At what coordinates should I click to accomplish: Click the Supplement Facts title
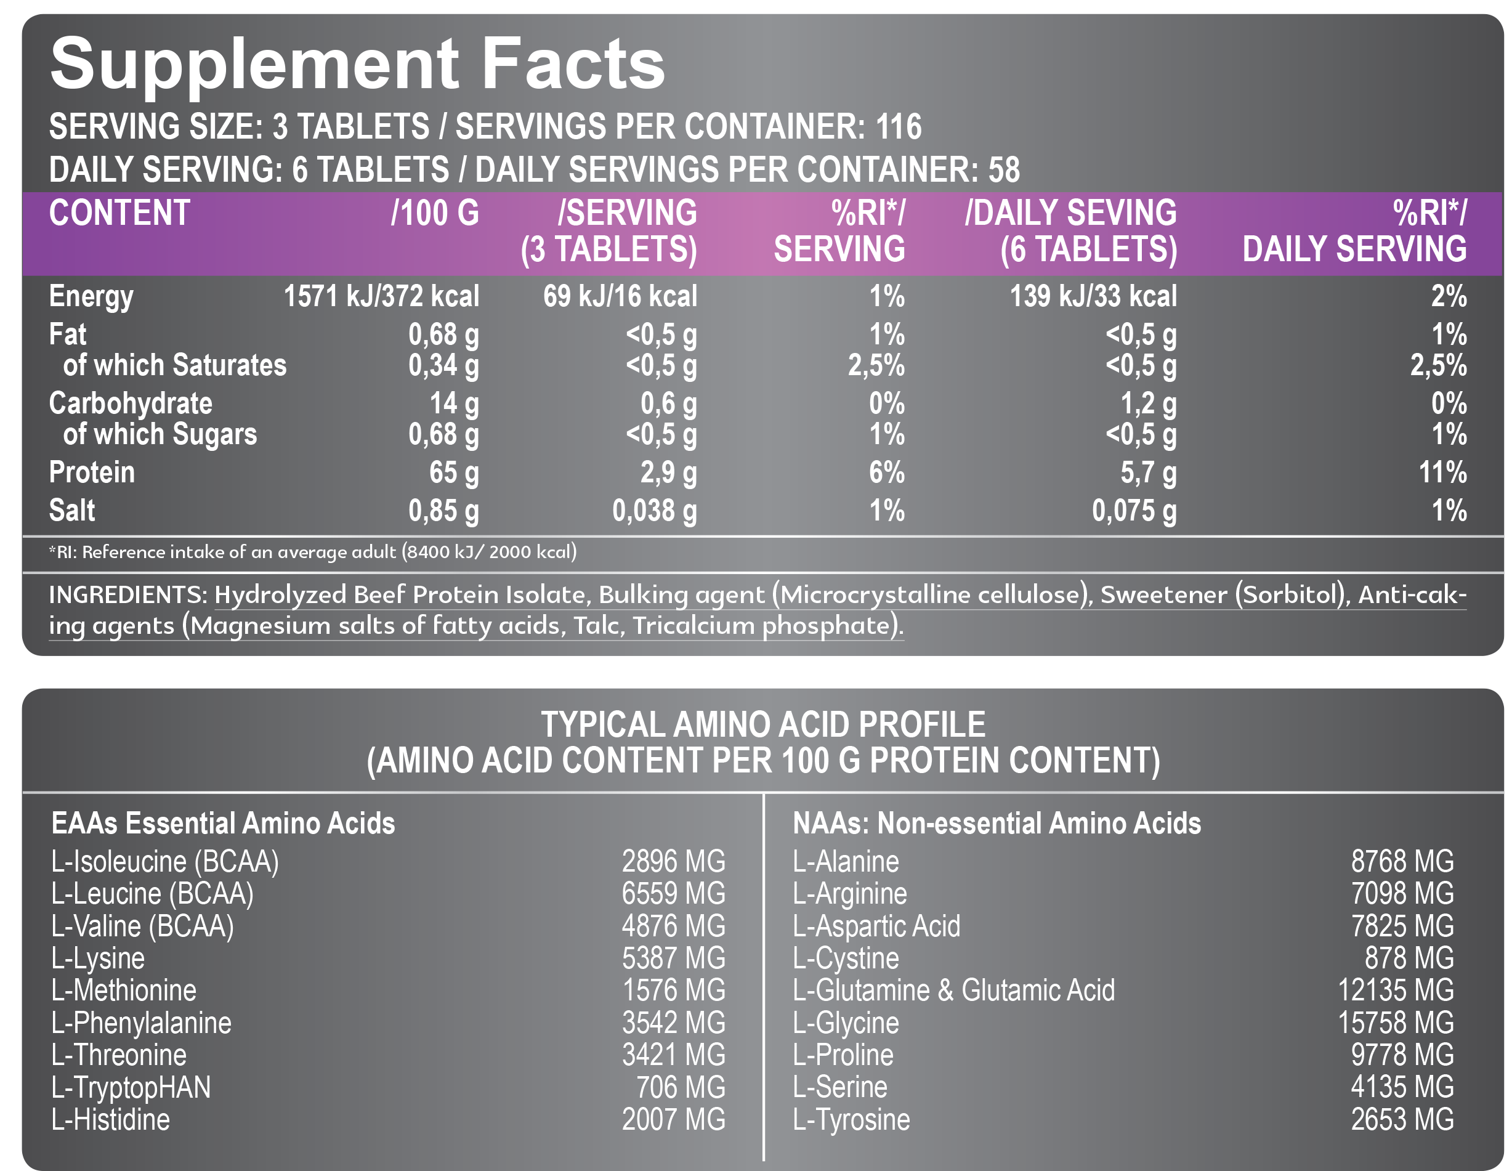pyautogui.click(x=357, y=65)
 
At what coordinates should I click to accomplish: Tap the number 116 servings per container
pyautogui.click(x=898, y=128)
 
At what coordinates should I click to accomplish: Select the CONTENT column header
pyautogui.click(x=119, y=213)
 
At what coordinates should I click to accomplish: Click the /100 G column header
pyautogui.click(x=435, y=213)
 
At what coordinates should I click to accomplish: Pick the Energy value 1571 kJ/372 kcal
pyautogui.click(x=381, y=296)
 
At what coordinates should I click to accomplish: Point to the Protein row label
pyautogui.click(x=91, y=472)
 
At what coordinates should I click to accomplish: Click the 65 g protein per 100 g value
pyautogui.click(x=453, y=472)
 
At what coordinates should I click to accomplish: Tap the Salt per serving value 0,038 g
pyautogui.click(x=653, y=511)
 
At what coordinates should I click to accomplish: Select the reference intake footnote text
pyautogui.click(x=312, y=552)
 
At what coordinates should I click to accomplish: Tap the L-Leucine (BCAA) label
pyautogui.click(x=152, y=894)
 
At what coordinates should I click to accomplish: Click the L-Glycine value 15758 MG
pyautogui.click(x=1395, y=1023)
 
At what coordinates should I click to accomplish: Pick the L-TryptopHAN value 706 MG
pyautogui.click(x=681, y=1087)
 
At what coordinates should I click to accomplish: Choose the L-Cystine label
pyautogui.click(x=846, y=958)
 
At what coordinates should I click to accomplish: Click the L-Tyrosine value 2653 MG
pyautogui.click(x=1402, y=1120)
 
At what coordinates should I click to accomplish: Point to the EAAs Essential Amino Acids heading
pyautogui.click(x=223, y=824)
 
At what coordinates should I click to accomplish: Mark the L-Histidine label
pyautogui.click(x=111, y=1120)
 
